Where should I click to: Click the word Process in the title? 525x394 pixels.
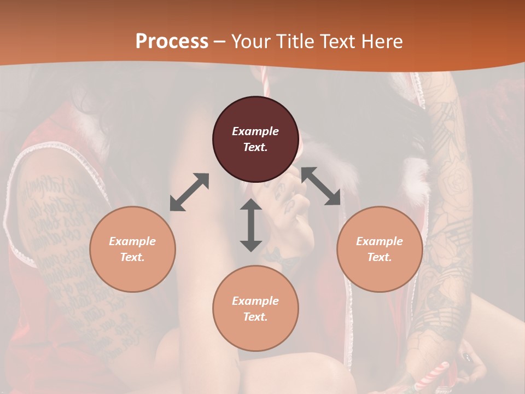172,42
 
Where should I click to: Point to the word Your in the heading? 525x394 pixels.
252,42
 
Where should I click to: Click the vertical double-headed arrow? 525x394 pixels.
251,225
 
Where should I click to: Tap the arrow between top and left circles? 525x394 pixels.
189,192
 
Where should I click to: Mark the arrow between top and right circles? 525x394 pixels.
321,186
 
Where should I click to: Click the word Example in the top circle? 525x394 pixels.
255,131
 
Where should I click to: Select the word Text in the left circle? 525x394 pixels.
132,257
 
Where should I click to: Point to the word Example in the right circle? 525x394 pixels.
380,241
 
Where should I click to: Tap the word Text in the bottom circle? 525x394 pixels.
255,317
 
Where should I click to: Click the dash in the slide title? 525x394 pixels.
219,42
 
